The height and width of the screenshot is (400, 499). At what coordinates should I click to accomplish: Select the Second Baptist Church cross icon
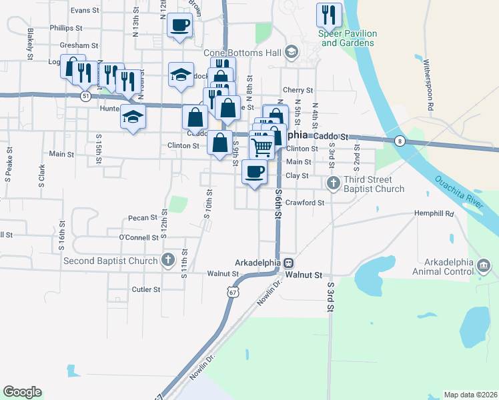pos(168,260)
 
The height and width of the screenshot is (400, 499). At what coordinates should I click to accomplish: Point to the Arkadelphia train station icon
pos(289,263)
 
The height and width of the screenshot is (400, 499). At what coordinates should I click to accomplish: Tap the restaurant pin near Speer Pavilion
pos(329,15)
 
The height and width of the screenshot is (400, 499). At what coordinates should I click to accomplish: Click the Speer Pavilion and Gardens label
pos(349,38)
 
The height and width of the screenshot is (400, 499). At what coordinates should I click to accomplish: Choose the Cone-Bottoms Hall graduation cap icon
pos(291,52)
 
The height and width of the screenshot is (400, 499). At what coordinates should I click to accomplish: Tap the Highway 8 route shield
pos(399,141)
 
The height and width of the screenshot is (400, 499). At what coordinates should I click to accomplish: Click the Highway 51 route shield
pos(85,97)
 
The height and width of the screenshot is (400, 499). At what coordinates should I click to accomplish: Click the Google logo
pos(22,392)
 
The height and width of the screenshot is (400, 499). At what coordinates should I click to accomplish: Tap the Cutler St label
pos(146,289)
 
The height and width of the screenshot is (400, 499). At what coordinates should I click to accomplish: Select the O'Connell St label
pos(138,237)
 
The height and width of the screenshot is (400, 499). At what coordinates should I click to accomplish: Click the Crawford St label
pos(304,203)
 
